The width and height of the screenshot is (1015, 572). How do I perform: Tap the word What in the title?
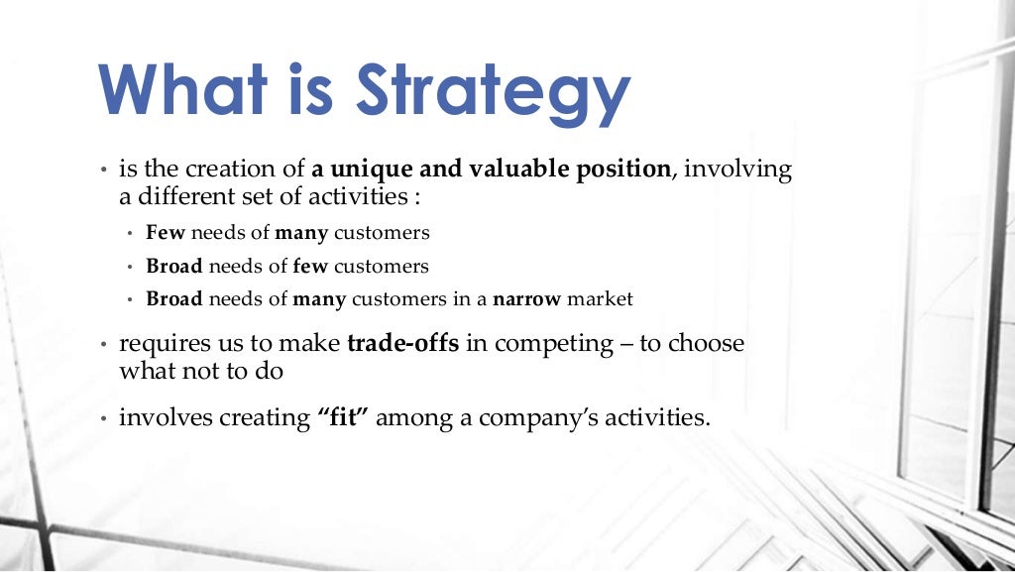182,88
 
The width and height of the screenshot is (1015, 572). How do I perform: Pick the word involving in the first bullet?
738,171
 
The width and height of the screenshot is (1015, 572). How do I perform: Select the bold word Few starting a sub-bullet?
166,234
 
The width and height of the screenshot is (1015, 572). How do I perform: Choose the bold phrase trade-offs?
404,344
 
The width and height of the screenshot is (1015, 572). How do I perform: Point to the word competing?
554,346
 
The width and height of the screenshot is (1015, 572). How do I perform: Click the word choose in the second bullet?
706,344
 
